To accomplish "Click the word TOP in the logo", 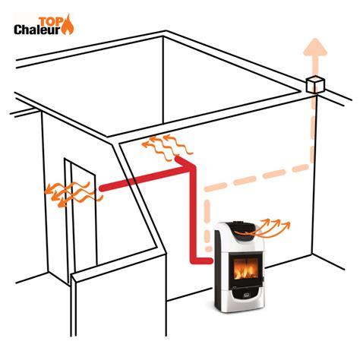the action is point(50,21).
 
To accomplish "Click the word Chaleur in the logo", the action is point(37,30).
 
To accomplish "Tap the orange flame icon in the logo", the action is point(68,25).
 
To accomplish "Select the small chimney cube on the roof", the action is point(315,85).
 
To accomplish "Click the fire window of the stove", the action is point(246,269).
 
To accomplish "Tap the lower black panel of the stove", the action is point(246,293).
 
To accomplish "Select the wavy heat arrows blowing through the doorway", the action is point(74,194).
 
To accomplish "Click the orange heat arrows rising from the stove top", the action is point(264,229).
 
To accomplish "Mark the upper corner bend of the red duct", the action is point(191,168).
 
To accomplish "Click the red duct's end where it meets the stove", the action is point(210,261).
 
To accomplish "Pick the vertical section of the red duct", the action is point(193,215).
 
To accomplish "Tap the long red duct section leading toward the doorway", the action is point(144,179).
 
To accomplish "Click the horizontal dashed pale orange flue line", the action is point(257,178).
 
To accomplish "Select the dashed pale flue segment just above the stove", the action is point(208,226).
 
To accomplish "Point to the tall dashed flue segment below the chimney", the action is point(313,128).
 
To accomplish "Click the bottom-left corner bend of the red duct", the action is point(194,261).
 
